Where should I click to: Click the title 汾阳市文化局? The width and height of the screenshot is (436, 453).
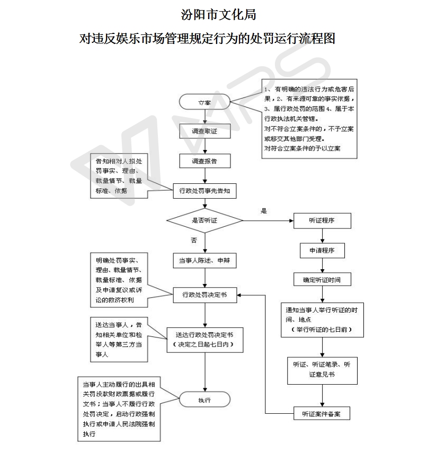tap(218, 14)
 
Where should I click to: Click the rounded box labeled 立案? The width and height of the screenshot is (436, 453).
tap(204, 102)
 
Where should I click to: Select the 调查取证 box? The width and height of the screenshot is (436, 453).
tap(204, 130)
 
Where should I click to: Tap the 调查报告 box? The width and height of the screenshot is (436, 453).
tap(204, 161)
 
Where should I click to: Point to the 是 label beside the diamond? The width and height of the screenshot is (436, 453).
tap(264, 210)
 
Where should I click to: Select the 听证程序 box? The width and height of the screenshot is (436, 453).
tap(322, 220)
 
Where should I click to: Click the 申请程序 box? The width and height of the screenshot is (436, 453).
tap(322, 250)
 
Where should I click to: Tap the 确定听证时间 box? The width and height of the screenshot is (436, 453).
tap(322, 279)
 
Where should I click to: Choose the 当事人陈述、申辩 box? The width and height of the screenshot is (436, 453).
tap(204, 261)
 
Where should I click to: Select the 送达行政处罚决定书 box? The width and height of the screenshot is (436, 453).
tap(204, 340)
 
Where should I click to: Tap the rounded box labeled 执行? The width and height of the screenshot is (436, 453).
tap(204, 399)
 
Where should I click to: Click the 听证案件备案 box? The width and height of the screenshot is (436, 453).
tap(322, 413)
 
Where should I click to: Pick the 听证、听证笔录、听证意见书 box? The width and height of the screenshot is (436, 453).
tap(322, 370)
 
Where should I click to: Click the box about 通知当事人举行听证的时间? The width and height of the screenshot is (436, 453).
tap(322, 319)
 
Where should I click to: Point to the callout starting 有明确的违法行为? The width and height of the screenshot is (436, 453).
tap(310, 119)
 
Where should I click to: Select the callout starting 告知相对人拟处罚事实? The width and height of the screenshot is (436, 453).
tap(119, 175)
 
